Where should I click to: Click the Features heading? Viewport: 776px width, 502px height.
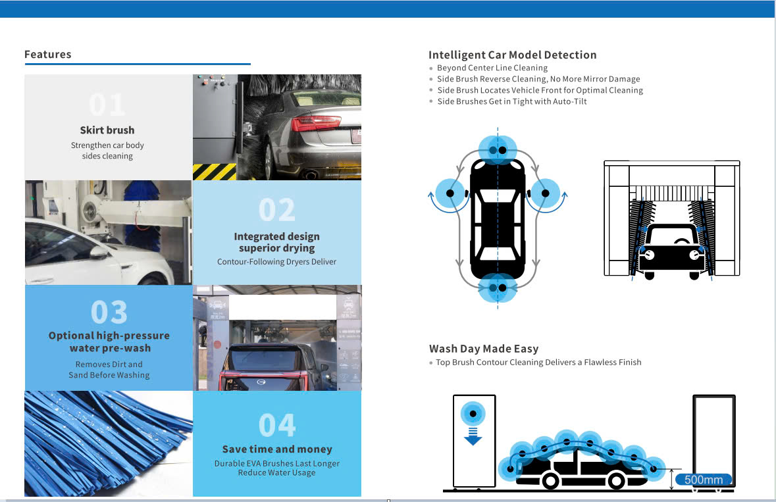47,55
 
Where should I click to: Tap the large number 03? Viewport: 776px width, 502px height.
109,313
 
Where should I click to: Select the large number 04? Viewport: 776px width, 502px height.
277,426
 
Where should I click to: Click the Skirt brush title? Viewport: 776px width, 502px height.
107,130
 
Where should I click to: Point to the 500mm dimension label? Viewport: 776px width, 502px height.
704,480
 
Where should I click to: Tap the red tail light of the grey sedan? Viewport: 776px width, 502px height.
315,123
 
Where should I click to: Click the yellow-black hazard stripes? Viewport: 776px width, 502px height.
214,172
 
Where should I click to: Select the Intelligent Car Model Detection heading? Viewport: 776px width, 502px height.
512,55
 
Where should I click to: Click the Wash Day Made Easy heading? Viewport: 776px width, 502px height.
484,349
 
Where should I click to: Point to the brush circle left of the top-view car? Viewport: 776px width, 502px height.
450,193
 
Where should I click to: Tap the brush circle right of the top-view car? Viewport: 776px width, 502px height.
545,193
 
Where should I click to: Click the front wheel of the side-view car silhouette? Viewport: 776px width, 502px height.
550,481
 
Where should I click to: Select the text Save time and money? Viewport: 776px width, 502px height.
277,449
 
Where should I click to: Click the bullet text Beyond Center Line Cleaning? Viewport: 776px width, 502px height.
492,68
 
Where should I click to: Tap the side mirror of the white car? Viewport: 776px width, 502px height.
98,253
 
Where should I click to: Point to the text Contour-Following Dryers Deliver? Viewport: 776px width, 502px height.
276,262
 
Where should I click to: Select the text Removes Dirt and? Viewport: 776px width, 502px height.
109,364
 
